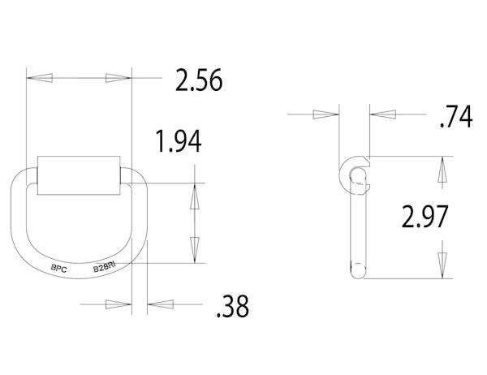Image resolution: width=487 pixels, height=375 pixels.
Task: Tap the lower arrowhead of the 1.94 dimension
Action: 194,246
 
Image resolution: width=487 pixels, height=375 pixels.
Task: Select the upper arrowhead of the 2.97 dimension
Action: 442,170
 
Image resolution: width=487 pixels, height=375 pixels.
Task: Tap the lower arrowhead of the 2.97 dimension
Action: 442,261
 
